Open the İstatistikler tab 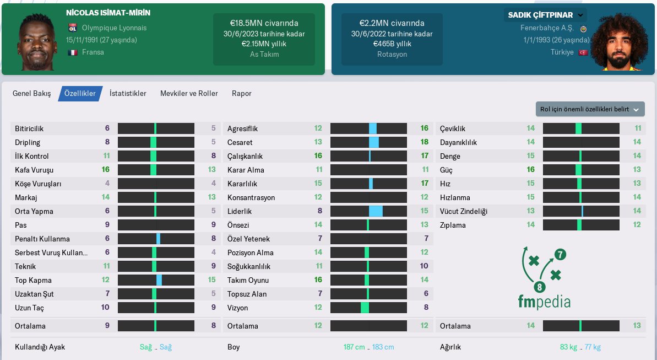point(128,94)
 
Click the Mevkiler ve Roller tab point(189,94)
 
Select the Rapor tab point(241,94)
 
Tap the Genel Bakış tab point(31,94)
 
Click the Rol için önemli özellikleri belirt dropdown point(590,109)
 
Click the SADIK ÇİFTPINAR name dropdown point(545,15)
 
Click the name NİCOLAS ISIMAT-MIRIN point(108,13)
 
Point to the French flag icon point(72,52)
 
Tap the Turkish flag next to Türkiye point(583,52)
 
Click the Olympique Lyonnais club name point(114,28)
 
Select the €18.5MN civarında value point(264,23)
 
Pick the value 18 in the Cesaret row point(424,142)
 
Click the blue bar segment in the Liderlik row point(376,211)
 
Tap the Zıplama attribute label point(453,225)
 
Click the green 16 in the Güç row point(530,170)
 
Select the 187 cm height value point(354,347)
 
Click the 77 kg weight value point(593,347)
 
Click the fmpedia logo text point(544,302)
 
